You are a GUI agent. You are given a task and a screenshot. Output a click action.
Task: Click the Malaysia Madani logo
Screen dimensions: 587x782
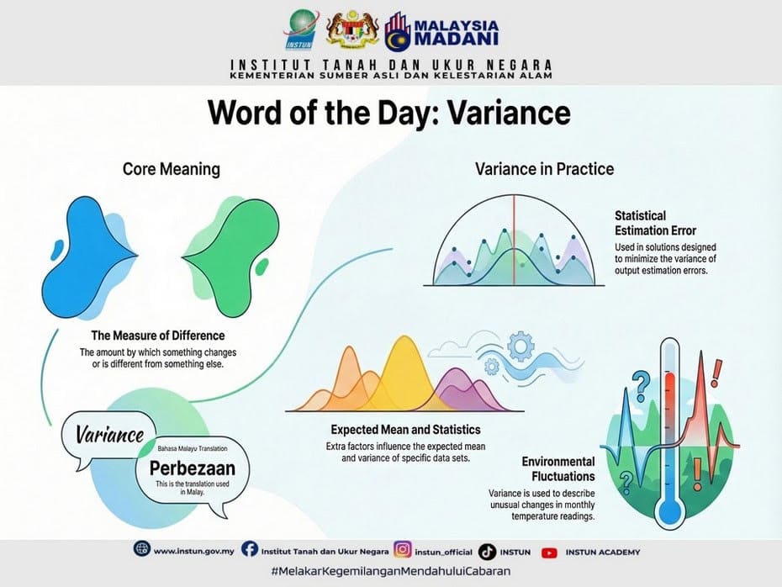coord(441,30)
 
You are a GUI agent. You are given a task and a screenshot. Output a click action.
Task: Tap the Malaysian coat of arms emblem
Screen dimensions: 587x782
coord(347,30)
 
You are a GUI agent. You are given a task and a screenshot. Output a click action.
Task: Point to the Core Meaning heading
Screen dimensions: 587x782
coord(172,169)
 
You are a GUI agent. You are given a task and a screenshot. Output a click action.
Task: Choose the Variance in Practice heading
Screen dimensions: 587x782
coord(544,169)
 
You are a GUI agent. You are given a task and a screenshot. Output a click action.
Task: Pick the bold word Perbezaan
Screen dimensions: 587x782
coord(193,469)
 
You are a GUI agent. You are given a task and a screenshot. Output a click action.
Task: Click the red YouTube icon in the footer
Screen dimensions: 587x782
coord(549,553)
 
